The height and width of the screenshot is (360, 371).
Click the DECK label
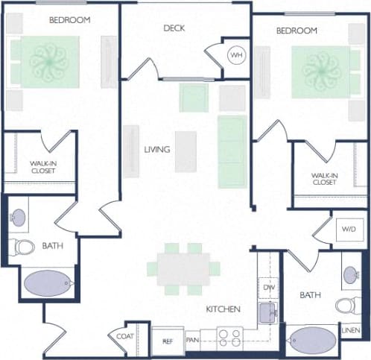[x=174, y=28]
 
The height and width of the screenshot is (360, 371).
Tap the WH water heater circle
[x=236, y=55]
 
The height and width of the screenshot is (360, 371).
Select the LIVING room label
[x=156, y=149]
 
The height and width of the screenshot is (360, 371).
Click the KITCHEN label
[x=223, y=308]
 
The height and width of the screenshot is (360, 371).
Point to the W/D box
[x=349, y=228]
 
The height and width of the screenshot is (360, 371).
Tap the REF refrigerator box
[x=168, y=341]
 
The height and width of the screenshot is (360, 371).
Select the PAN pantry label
[x=191, y=341]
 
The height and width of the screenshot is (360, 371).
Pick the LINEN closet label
[x=350, y=329]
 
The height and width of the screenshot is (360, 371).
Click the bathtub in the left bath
[x=48, y=283]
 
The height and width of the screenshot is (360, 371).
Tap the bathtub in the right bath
[x=311, y=341]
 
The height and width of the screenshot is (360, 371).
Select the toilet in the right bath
[x=346, y=305]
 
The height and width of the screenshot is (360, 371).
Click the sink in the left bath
[x=18, y=218]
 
